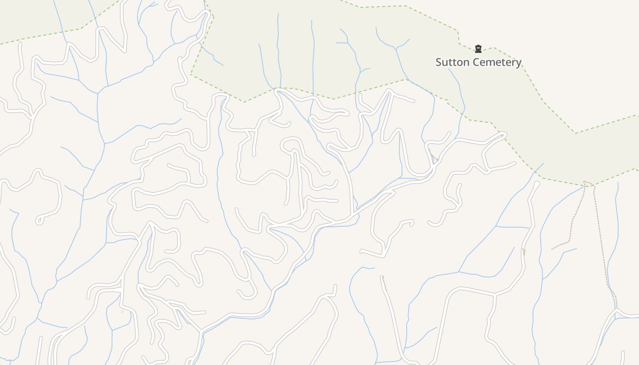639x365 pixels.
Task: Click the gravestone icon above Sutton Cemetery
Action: coord(478,48)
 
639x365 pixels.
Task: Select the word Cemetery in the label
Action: coord(496,62)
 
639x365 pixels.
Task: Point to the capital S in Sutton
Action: coord(439,62)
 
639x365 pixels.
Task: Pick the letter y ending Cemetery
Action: coord(519,63)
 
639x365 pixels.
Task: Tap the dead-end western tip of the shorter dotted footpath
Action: coord(552,249)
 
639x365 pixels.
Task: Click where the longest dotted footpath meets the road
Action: coord(616,309)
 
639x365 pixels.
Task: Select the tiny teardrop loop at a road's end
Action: coord(40,221)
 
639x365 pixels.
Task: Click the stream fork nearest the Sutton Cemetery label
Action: coord(397,47)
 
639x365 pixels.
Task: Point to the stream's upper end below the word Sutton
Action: coord(449,69)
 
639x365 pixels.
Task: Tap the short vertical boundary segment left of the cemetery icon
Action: coord(458,37)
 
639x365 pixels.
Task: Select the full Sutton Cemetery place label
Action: coord(478,62)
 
